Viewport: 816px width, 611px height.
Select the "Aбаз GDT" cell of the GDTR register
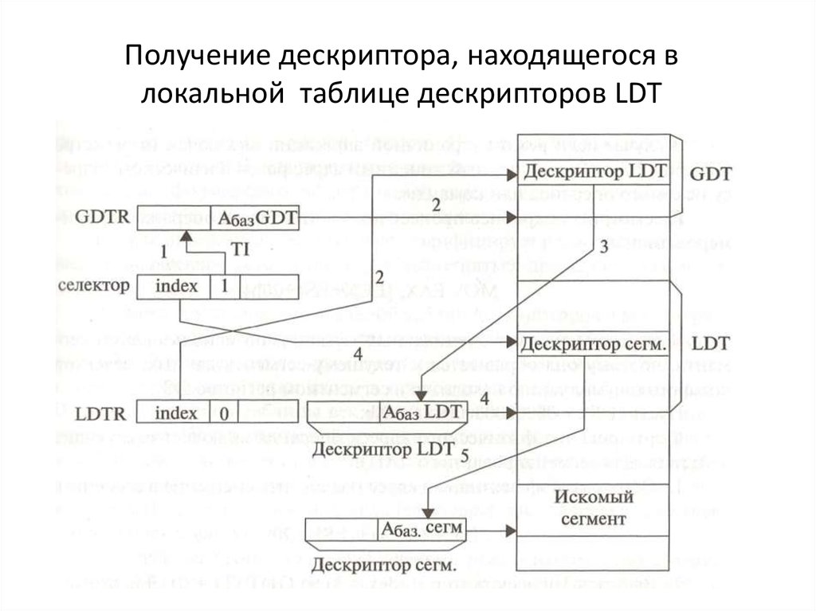pos(255,218)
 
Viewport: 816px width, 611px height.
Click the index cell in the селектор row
pos(175,285)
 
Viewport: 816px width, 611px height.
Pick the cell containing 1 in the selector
pos(224,285)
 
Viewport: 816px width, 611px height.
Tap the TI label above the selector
pos(240,249)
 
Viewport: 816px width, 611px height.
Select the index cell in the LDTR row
pos(175,412)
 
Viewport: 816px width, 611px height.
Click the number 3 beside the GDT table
pos(603,247)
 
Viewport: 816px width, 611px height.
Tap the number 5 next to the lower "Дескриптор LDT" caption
pos(465,452)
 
